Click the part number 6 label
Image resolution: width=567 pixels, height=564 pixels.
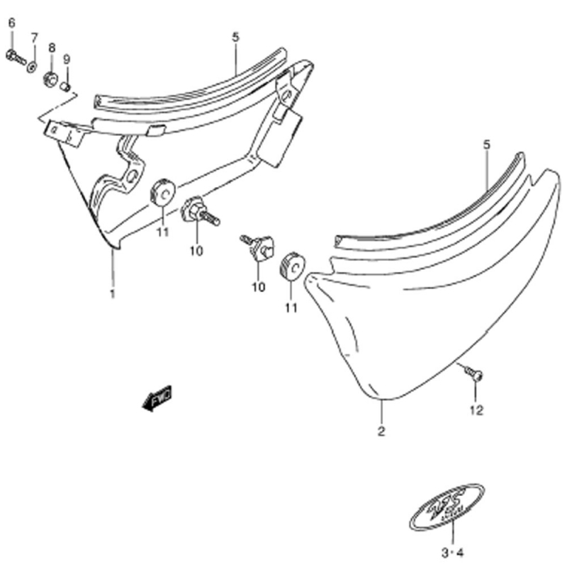[11, 23]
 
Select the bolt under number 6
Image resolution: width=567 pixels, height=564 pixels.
[15, 57]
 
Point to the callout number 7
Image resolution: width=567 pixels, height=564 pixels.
[33, 37]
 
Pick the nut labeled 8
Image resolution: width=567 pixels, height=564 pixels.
[50, 77]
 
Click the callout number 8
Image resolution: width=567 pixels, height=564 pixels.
[51, 47]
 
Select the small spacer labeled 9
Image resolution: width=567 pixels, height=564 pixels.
[66, 86]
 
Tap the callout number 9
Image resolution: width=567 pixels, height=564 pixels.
[67, 58]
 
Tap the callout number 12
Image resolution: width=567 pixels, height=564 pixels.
[475, 410]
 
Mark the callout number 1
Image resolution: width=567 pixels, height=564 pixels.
[112, 293]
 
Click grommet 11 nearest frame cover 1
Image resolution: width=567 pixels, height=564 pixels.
[162, 193]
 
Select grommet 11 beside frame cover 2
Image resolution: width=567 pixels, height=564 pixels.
[292, 266]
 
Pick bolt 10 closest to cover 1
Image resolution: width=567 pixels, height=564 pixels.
[199, 211]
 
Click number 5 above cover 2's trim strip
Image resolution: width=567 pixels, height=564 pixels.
[486, 145]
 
